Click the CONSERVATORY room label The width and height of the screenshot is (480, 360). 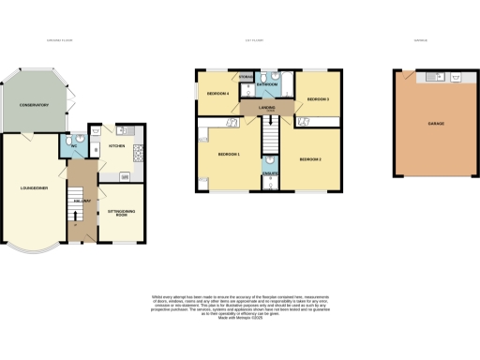point(34,118)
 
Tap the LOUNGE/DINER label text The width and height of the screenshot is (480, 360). point(34,190)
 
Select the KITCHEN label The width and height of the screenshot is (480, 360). point(117,146)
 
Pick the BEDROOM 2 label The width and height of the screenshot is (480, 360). point(311,160)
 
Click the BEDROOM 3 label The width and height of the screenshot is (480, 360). point(317,99)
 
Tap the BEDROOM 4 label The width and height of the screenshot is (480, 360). point(218,94)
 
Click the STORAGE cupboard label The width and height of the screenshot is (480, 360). point(246,75)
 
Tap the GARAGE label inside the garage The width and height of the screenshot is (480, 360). point(436,123)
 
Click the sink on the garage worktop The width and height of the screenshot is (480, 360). point(433,75)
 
